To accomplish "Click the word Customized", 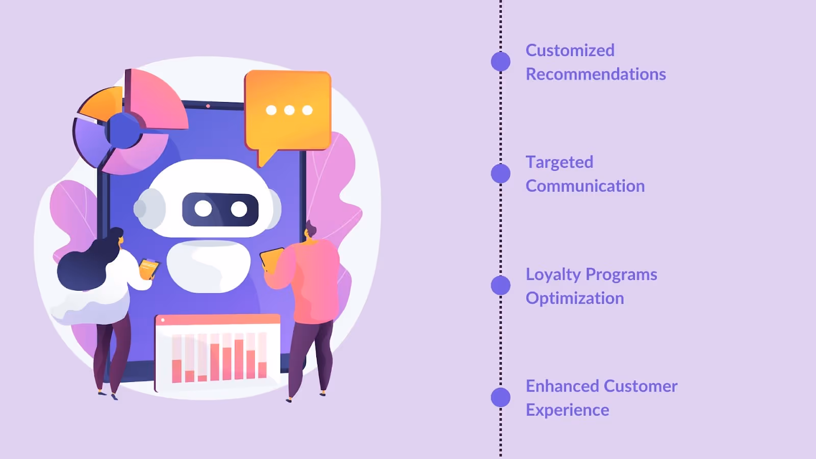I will pos(570,50).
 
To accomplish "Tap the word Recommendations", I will pos(596,74).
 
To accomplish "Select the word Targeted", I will pos(559,162).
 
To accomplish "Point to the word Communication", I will pos(585,186).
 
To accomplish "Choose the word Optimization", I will pos(575,298).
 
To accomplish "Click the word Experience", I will pos(567,410).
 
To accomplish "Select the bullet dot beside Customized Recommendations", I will pos(500,62).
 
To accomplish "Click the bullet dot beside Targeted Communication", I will pos(500,173).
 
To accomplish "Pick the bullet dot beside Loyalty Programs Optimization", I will pos(500,286).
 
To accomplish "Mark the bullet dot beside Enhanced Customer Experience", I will pos(500,397).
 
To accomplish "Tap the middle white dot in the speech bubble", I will pos(289,110).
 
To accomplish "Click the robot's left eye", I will pos(203,209).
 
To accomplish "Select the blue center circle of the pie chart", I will pos(123,131).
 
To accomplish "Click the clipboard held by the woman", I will pos(148,268).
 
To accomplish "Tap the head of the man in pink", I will pos(310,231).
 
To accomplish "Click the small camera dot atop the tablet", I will pos(208,106).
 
